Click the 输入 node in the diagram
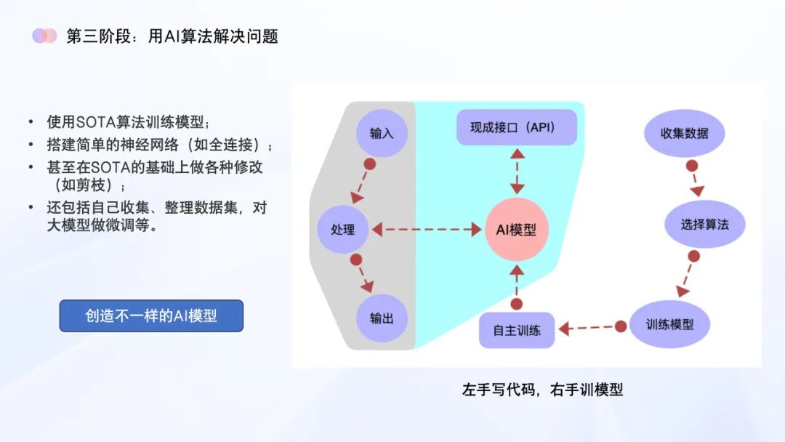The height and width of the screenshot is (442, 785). tap(382, 134)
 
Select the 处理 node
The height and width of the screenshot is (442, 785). tap(343, 230)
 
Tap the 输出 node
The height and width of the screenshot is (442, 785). tap(382, 318)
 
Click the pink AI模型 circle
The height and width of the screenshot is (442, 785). tap(516, 230)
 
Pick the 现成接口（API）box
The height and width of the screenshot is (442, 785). tap(516, 127)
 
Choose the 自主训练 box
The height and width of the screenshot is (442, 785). tap(517, 330)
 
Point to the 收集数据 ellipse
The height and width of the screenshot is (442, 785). tap(684, 134)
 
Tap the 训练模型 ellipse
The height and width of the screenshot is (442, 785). tap(669, 324)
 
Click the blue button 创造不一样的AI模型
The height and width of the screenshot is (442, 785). tap(151, 316)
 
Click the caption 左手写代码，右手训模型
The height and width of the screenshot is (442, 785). tap(542, 390)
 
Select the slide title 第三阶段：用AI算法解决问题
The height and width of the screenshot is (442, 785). tap(172, 36)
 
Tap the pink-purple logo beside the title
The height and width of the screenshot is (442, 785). tap(44, 36)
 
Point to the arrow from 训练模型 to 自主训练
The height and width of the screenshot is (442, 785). tap(589, 328)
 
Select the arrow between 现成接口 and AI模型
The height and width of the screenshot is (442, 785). tap(516, 172)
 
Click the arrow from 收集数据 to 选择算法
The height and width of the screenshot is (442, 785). tap(693, 177)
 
